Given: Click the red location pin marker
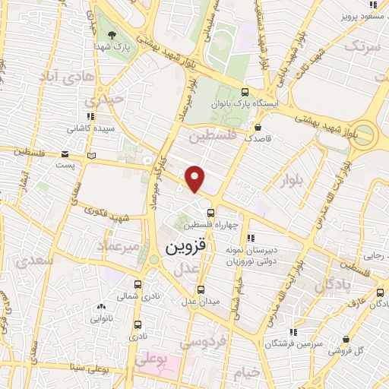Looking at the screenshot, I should click(195, 179).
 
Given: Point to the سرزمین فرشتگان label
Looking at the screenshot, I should click(293, 343).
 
